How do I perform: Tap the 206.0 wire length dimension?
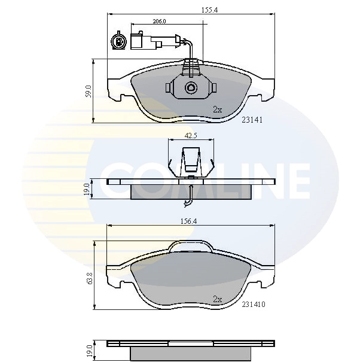(x=159, y=22)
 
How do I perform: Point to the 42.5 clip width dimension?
(x=191, y=135)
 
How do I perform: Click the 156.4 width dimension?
(x=188, y=221)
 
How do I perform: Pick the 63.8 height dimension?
(x=90, y=278)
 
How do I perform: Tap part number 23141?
(x=252, y=120)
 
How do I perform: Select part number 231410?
(x=254, y=305)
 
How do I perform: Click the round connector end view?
(x=118, y=41)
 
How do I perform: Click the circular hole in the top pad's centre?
(x=191, y=87)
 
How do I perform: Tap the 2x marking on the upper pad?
(x=218, y=109)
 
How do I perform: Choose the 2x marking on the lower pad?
(x=218, y=299)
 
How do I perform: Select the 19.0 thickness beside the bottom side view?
(x=90, y=351)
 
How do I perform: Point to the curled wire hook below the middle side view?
(x=188, y=203)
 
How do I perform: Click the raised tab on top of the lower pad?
(x=191, y=245)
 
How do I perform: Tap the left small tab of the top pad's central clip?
(x=168, y=88)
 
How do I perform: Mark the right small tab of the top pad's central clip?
(x=214, y=88)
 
